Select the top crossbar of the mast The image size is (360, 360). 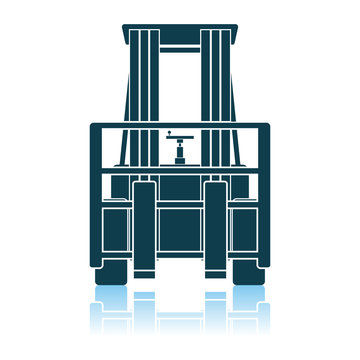(180, 28)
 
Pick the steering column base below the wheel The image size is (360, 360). (180, 157)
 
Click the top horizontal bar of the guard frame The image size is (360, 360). (180, 128)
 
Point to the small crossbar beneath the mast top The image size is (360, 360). (180, 49)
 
